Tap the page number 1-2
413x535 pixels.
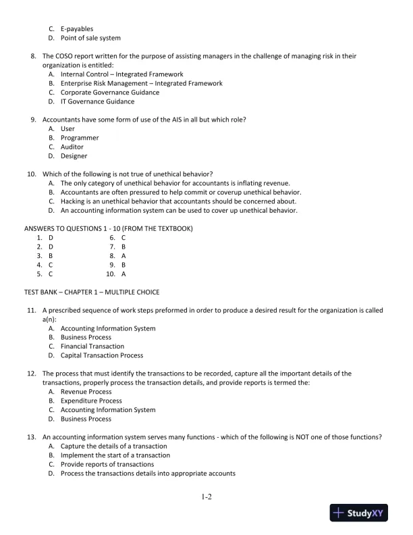tap(206, 497)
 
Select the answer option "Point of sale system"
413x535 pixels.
tap(90, 39)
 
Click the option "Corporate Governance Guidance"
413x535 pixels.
tap(109, 93)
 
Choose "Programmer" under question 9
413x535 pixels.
tap(80, 138)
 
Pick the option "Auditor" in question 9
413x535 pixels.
tap(72, 147)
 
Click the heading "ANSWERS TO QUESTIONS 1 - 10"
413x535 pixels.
tap(109, 228)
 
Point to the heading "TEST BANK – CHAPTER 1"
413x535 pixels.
tap(92, 292)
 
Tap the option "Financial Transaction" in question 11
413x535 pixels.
tap(92, 347)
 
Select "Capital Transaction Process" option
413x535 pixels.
tap(101, 355)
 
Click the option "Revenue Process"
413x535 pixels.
tap(86, 392)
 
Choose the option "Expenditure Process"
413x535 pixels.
tap(91, 401)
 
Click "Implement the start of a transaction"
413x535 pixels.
tap(115, 455)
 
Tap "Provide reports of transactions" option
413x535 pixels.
tap(107, 464)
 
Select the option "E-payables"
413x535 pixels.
tap(77, 29)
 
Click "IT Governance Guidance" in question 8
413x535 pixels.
tap(97, 101)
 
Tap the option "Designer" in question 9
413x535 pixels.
tap(74, 156)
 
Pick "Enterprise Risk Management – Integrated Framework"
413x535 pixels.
tap(141, 83)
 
